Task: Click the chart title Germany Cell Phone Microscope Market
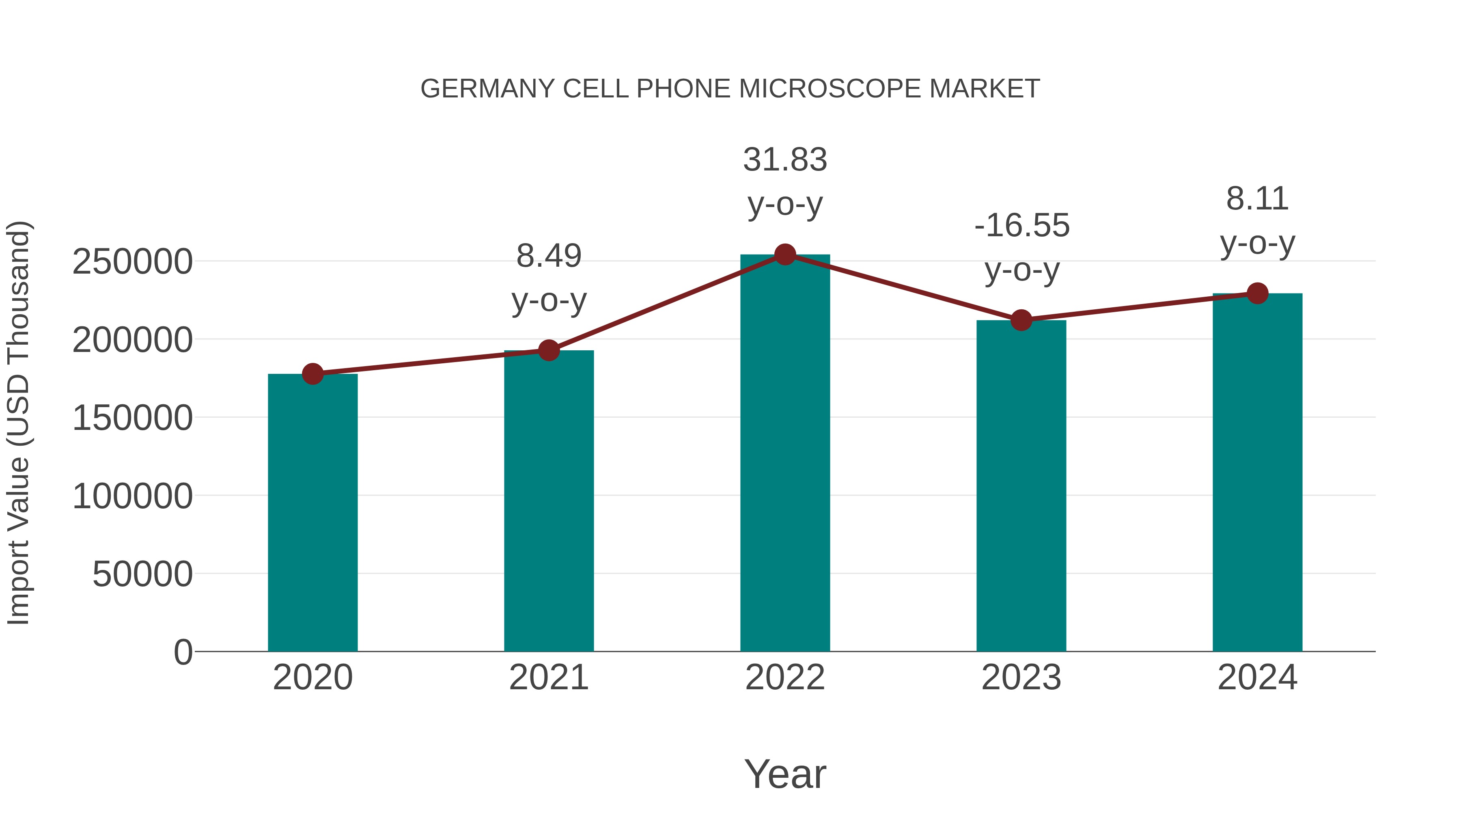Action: coord(730,89)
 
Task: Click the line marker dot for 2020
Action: coord(312,374)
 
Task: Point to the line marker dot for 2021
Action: coord(548,351)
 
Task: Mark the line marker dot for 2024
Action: coord(1257,293)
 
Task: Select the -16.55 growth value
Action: coord(1021,226)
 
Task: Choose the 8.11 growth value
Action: coord(1257,199)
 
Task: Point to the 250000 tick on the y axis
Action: coord(132,262)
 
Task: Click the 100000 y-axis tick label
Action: coord(132,496)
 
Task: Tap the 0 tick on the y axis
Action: coord(183,652)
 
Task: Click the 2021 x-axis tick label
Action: coord(548,678)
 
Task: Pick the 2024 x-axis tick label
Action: coord(1257,678)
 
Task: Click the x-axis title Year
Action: coord(785,775)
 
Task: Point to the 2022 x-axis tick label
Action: coord(785,678)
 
